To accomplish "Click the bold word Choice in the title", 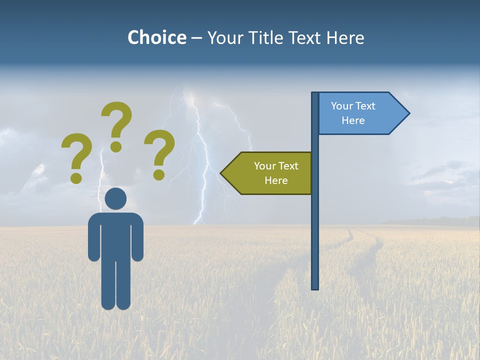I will (156, 38).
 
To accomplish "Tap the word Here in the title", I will (345, 38).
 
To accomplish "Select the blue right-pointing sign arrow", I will (360, 113).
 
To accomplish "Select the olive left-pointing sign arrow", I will (270, 173).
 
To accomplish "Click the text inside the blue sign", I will (353, 113).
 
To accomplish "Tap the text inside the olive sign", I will (275, 173).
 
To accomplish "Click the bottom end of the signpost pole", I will (315, 287).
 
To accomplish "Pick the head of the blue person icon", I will (116, 199).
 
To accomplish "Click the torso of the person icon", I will (116, 235).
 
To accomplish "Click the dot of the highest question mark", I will (116, 146).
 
